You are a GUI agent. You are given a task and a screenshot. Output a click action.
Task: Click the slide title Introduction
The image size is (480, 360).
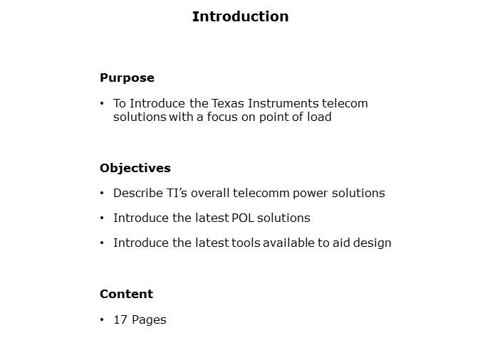pyautogui.click(x=240, y=16)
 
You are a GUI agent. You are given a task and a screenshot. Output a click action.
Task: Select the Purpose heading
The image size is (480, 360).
pyautogui.click(x=127, y=78)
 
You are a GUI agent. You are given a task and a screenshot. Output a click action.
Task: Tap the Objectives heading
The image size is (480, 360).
pyautogui.click(x=135, y=168)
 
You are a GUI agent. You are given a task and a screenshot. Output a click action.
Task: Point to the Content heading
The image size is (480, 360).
pyautogui.click(x=126, y=294)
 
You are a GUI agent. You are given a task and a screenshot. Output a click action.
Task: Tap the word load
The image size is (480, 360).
pyautogui.click(x=319, y=117)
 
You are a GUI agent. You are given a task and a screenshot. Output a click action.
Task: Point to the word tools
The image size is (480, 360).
pyautogui.click(x=246, y=243)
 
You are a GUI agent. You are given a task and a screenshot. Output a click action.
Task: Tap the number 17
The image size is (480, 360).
pyautogui.click(x=120, y=319)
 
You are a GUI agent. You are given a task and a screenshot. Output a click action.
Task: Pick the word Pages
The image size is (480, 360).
pyautogui.click(x=148, y=319)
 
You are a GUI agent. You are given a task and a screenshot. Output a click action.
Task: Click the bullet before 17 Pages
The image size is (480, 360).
pyautogui.click(x=103, y=320)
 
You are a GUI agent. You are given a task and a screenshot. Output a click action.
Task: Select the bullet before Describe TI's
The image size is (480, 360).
pyautogui.click(x=103, y=194)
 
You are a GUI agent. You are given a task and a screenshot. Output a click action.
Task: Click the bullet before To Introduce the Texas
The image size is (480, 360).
pyautogui.click(x=103, y=104)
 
